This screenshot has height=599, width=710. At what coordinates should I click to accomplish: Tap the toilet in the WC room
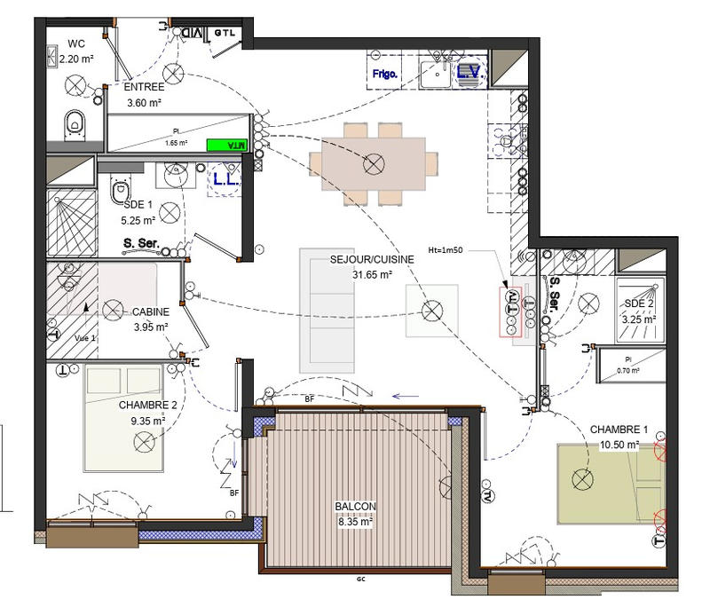pos(75,126)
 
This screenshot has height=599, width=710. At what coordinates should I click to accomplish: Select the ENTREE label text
pos(142,88)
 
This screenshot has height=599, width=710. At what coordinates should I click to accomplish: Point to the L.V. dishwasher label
pos(469,75)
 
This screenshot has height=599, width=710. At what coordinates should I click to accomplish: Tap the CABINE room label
pos(151,312)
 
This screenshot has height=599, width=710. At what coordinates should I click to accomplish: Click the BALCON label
pos(355,507)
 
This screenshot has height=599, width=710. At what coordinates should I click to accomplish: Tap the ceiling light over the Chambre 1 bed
pos(582,479)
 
